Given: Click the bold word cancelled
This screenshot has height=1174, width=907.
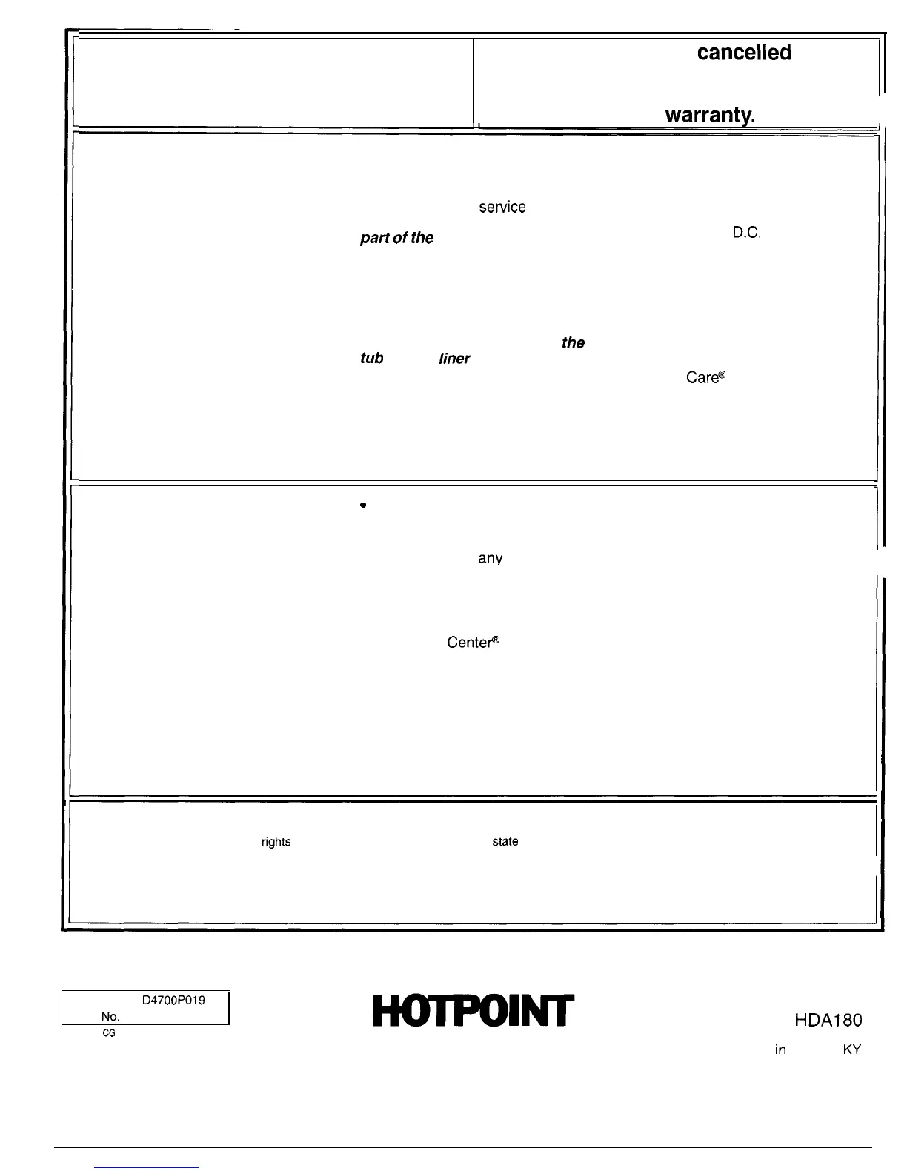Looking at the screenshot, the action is point(743,53).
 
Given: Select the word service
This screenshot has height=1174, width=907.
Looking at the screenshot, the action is point(502,208).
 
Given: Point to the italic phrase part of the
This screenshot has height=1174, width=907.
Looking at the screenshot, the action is point(396,238).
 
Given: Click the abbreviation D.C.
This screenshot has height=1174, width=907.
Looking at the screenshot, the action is point(748,233).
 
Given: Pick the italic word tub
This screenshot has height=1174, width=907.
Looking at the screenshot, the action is point(371,359).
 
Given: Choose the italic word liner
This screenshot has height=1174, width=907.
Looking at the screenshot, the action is point(453,359).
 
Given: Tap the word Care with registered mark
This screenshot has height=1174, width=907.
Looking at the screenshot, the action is point(705,377).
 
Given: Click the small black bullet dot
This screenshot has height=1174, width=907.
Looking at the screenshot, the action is point(363,505).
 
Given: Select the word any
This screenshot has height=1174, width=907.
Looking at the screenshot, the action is point(490,558).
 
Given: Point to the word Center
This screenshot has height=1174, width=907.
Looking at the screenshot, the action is point(474,643).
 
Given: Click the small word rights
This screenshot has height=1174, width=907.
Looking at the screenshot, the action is point(276,843).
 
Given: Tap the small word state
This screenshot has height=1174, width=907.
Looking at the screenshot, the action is point(505,842).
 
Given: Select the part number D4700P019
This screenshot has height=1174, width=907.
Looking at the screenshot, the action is point(173,1000).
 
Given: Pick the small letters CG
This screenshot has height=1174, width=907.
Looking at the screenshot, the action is point(108,1032).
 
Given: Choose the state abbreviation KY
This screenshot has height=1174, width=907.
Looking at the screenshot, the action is point(852,1050).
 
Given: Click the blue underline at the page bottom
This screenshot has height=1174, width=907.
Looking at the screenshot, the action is point(147,1167).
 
